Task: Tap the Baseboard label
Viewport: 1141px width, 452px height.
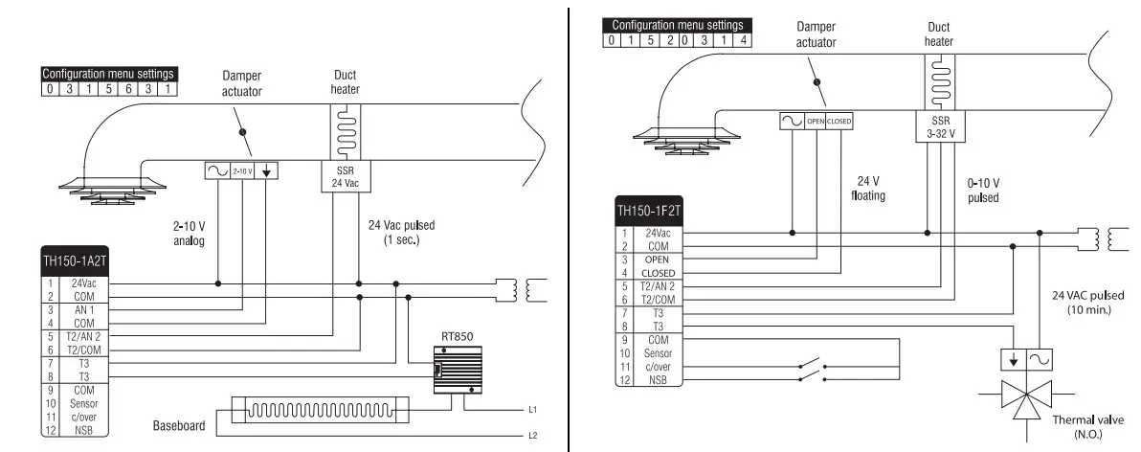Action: tap(179, 425)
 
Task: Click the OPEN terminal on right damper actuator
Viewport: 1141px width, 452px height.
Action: tap(815, 122)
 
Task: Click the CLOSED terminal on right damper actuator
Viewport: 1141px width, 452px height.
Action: tap(839, 122)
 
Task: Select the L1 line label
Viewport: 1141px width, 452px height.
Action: tap(531, 409)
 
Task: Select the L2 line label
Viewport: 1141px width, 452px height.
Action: tap(531, 435)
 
